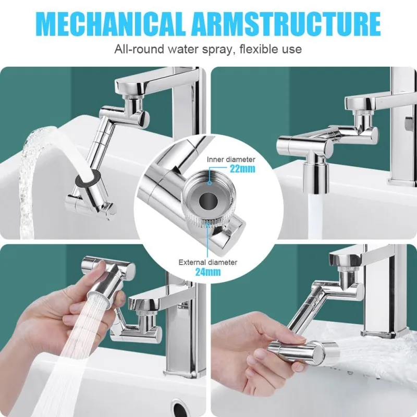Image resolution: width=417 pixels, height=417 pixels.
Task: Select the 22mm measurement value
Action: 242,168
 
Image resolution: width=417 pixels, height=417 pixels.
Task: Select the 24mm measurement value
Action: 208,272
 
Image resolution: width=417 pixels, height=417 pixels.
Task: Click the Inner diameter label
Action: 231,160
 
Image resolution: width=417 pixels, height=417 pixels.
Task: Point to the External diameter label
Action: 207,262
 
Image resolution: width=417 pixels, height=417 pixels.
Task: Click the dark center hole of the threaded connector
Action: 206,200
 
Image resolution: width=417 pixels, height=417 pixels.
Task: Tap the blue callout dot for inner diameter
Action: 210,183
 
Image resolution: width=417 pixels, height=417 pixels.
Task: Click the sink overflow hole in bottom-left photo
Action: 178,407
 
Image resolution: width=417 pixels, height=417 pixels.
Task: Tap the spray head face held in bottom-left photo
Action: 97,297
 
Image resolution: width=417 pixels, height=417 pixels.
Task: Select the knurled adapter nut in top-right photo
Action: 362,113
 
